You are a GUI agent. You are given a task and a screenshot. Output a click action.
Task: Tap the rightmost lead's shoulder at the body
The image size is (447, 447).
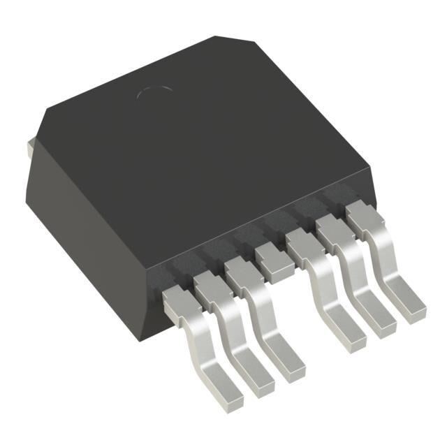coord(361,217)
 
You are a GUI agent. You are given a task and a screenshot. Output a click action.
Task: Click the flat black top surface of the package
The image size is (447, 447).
coord(210,154)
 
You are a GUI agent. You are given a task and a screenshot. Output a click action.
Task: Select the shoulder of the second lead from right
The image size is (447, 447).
coord(332,231)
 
